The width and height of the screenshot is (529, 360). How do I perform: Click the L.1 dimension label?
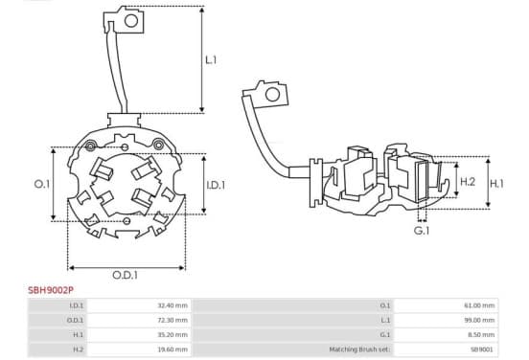tap(211, 60)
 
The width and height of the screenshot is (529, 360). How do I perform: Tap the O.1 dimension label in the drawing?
tap(42, 184)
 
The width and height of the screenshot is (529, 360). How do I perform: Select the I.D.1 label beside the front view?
tap(216, 185)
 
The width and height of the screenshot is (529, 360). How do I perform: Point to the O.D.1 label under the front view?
tap(125, 275)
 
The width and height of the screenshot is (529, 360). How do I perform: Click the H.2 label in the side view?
tap(468, 182)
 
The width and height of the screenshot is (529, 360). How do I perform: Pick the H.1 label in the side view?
tap(496, 184)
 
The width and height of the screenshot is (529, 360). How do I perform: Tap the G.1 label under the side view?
tap(422, 231)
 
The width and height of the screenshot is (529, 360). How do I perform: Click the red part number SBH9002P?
tap(51, 290)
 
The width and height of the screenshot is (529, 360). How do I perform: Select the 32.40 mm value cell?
tap(172, 305)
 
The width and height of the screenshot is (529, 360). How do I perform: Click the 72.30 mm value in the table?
tap(172, 320)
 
